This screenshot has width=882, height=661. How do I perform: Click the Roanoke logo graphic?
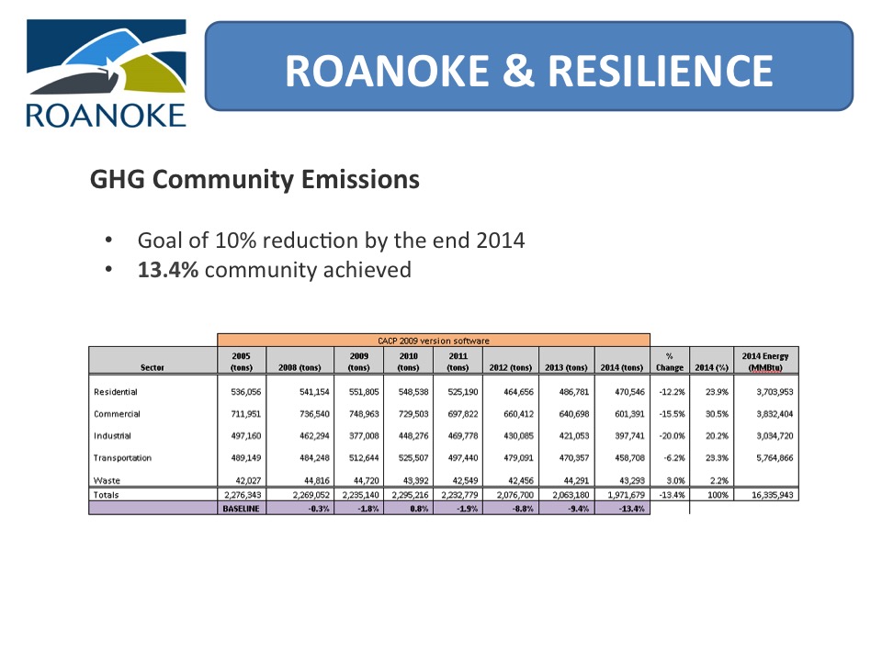click(x=107, y=73)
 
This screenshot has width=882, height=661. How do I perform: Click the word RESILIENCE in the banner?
click(x=661, y=71)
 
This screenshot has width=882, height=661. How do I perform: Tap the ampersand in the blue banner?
click(x=518, y=71)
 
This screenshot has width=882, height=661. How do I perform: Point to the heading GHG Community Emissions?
click(x=254, y=180)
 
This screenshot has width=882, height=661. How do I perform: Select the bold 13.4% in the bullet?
click(x=167, y=270)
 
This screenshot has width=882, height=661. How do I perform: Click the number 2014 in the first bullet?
click(x=500, y=241)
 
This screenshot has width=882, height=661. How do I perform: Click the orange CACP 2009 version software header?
click(x=434, y=340)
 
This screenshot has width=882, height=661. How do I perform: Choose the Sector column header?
click(x=153, y=367)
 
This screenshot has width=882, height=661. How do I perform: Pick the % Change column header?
click(x=670, y=362)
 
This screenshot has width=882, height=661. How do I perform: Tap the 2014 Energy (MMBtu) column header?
click(x=765, y=362)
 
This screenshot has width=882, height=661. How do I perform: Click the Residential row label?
click(x=116, y=392)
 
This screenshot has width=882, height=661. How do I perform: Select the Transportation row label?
click(x=122, y=458)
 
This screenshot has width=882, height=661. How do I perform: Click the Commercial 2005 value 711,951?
click(x=246, y=414)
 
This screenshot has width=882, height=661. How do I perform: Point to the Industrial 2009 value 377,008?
click(x=364, y=435)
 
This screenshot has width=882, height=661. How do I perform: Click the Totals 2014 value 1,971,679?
click(x=626, y=495)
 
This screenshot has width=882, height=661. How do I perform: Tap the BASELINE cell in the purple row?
click(x=242, y=509)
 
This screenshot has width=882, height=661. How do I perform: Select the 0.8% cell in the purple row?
click(x=419, y=509)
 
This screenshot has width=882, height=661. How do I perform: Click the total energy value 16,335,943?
click(x=773, y=495)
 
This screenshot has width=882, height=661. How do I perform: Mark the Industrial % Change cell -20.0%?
click(x=672, y=435)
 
